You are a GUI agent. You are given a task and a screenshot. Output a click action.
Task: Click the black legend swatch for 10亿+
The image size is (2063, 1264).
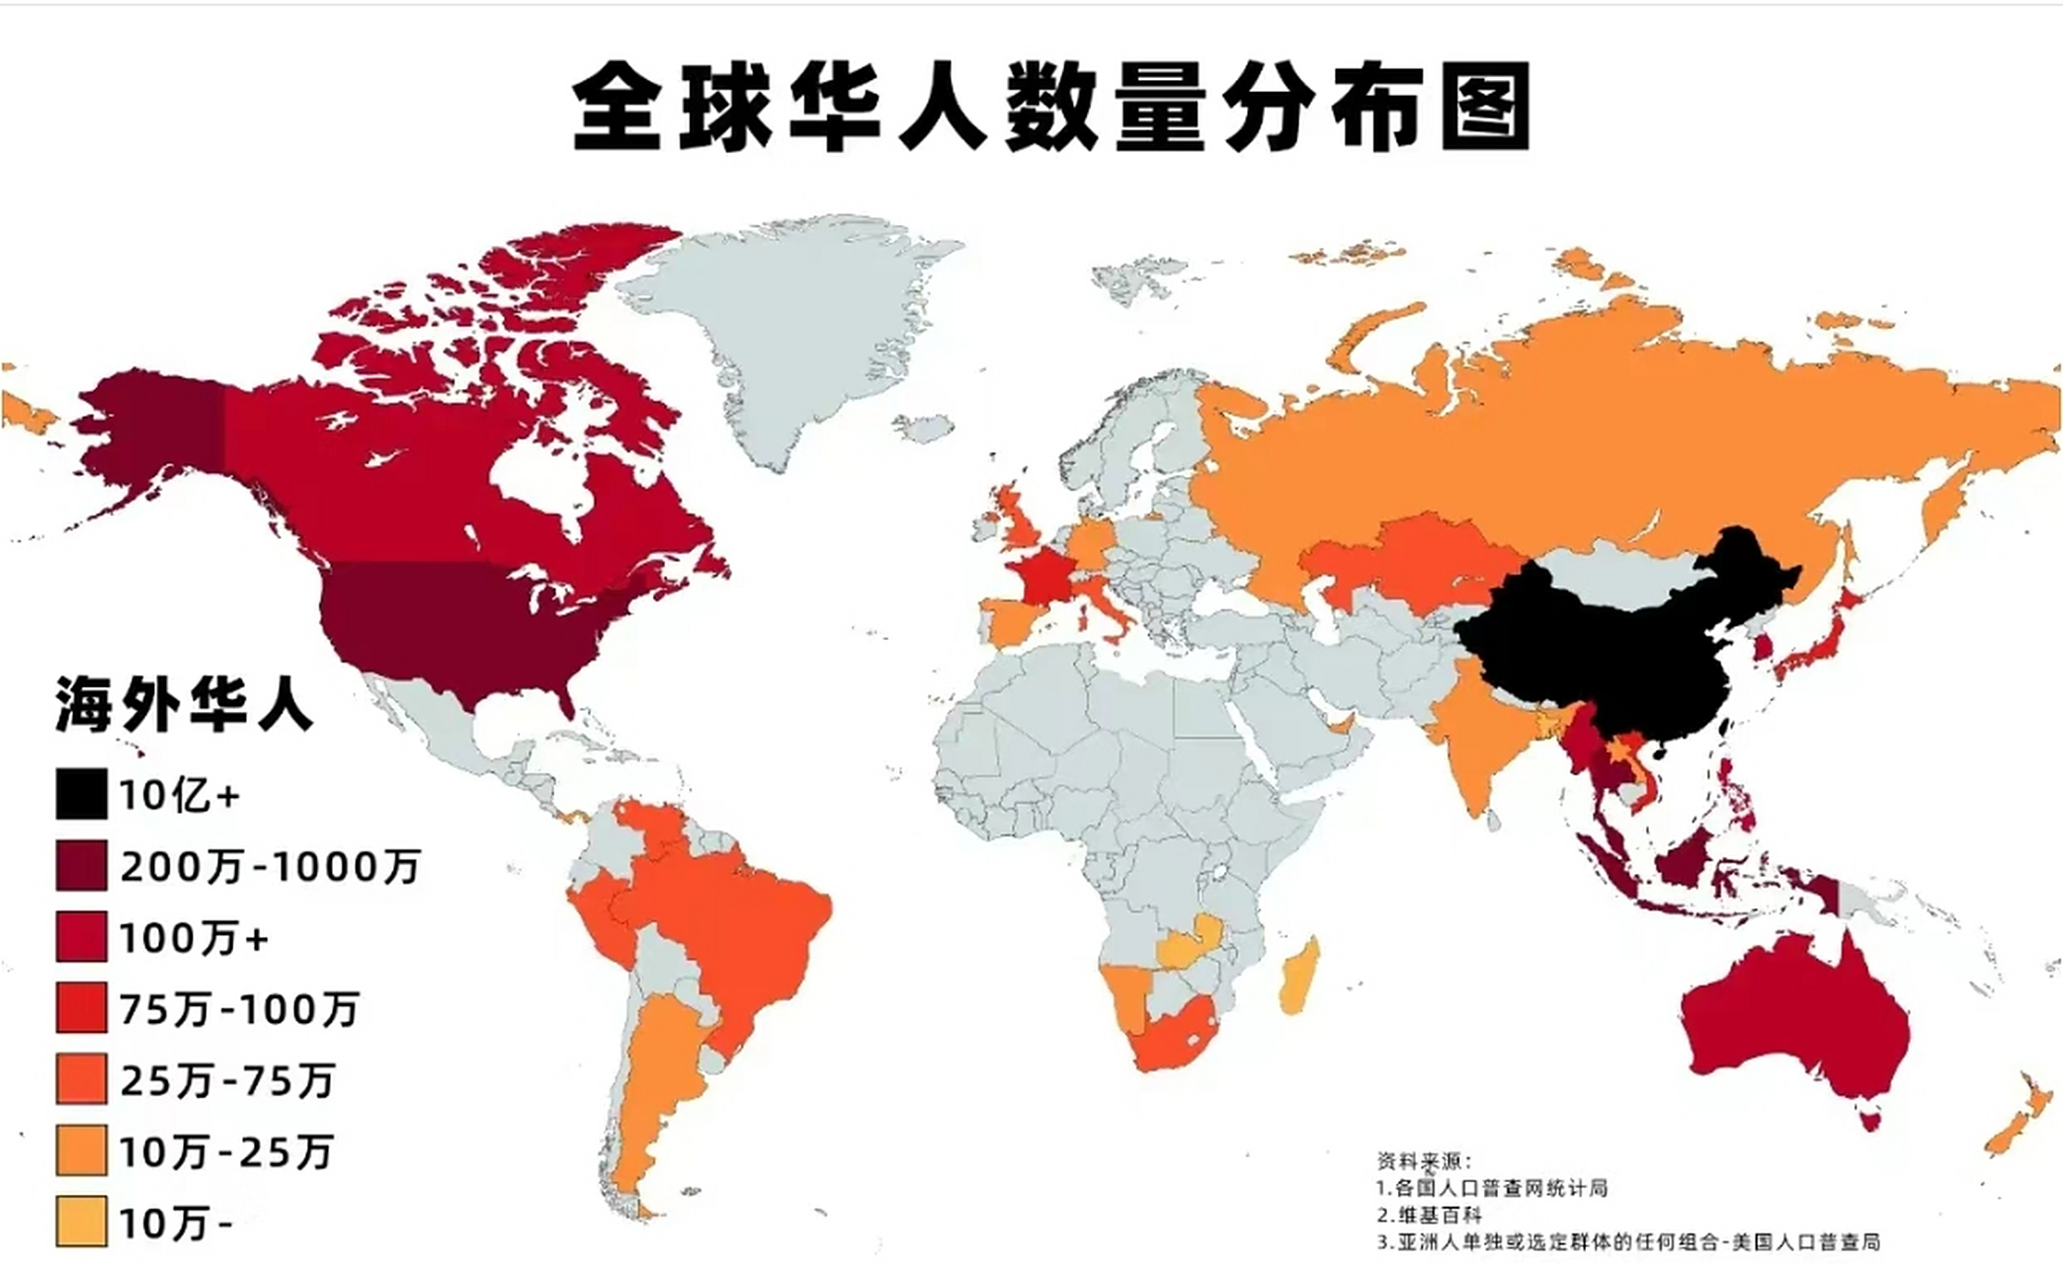[81, 795]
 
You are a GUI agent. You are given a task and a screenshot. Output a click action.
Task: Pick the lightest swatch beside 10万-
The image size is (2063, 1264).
[81, 1223]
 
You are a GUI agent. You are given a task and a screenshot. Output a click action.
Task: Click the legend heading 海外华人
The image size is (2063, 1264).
[184, 705]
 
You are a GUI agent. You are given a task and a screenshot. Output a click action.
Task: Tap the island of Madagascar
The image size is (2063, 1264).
[1297, 978]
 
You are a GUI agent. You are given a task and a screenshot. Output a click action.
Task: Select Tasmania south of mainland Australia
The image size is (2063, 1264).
[1870, 1119]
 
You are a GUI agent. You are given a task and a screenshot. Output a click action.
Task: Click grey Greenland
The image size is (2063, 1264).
[790, 326]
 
